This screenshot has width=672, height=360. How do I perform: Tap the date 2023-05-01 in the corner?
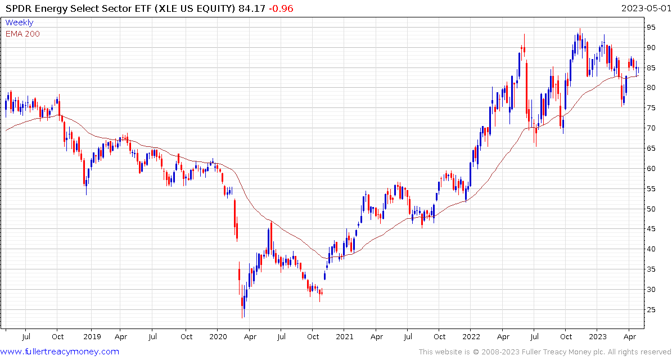coord(645,8)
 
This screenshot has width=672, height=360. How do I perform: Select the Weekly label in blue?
coord(19,22)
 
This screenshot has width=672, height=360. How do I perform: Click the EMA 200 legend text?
coord(22,34)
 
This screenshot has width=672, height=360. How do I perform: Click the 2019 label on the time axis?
coord(92,337)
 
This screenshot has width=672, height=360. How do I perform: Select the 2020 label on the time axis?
coord(218,337)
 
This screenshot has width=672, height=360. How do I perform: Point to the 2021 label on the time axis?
coord(345,337)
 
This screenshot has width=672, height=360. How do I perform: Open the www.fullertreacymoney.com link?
coord(60,352)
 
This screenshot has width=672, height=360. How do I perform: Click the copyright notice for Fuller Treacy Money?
coord(544,352)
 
